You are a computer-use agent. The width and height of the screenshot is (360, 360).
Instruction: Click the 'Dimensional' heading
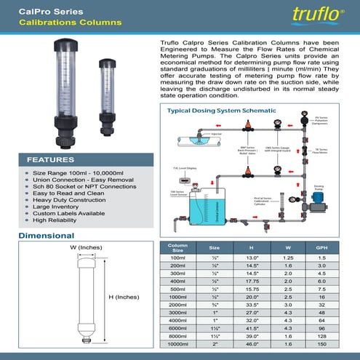point(46,236)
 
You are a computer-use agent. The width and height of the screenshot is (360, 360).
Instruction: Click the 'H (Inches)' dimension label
point(124,297)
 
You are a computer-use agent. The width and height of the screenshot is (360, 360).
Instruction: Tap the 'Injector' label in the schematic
point(217,134)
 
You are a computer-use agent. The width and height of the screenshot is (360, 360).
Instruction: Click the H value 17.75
point(252,281)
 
